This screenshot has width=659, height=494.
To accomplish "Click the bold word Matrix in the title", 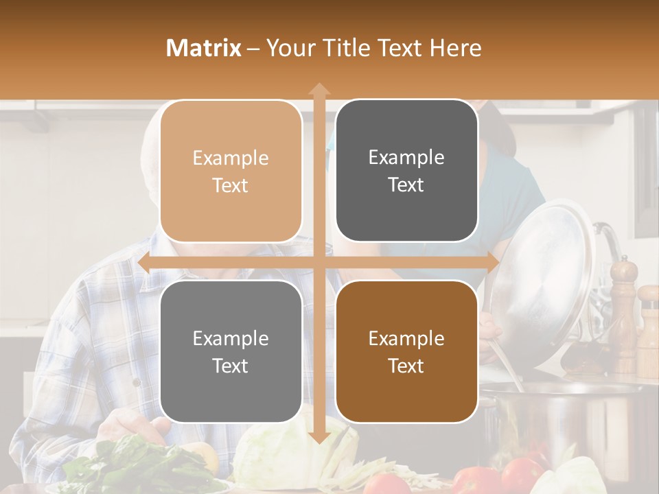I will (204, 48).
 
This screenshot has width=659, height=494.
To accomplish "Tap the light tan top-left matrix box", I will (231, 171).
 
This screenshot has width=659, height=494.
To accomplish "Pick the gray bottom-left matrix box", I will (231, 351).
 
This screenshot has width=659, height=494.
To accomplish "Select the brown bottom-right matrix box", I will (406, 351).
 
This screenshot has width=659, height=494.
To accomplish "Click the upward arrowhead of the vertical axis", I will (319, 89).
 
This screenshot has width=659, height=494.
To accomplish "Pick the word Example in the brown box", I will (406, 338).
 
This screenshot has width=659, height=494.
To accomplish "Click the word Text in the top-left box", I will (231, 186).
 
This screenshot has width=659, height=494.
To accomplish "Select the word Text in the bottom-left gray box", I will (231, 366).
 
